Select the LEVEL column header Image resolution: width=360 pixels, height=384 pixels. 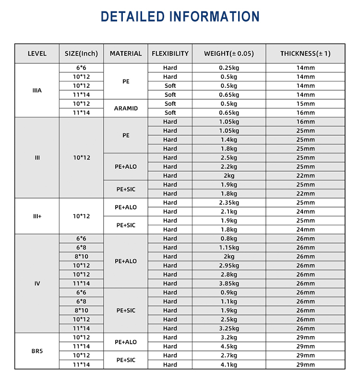(37, 53)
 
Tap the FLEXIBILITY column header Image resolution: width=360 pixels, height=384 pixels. (170, 53)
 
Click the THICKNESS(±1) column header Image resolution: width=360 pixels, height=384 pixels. (305, 53)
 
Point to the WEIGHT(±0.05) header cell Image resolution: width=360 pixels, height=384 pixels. (229, 53)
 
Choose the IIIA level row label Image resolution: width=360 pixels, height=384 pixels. (37, 90)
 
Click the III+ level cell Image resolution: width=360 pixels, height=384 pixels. (37, 216)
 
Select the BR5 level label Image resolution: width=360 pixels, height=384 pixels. (37, 351)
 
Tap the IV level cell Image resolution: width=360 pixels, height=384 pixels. (37, 283)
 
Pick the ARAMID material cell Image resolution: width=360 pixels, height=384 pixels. (126, 108)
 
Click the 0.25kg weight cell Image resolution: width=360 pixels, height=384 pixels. (229, 68)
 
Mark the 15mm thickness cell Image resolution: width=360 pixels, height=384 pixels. (305, 104)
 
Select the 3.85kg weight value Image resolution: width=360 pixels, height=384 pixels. (229, 283)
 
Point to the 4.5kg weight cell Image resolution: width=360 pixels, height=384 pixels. (229, 346)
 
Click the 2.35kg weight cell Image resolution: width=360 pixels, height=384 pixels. (229, 202)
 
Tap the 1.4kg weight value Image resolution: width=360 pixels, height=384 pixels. (229, 140)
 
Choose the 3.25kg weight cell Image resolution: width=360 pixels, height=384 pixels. (229, 328)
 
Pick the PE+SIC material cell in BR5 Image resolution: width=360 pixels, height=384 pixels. (126, 360)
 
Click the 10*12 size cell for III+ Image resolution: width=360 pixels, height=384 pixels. (82, 216)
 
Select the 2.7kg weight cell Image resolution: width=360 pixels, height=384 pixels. (229, 355)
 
